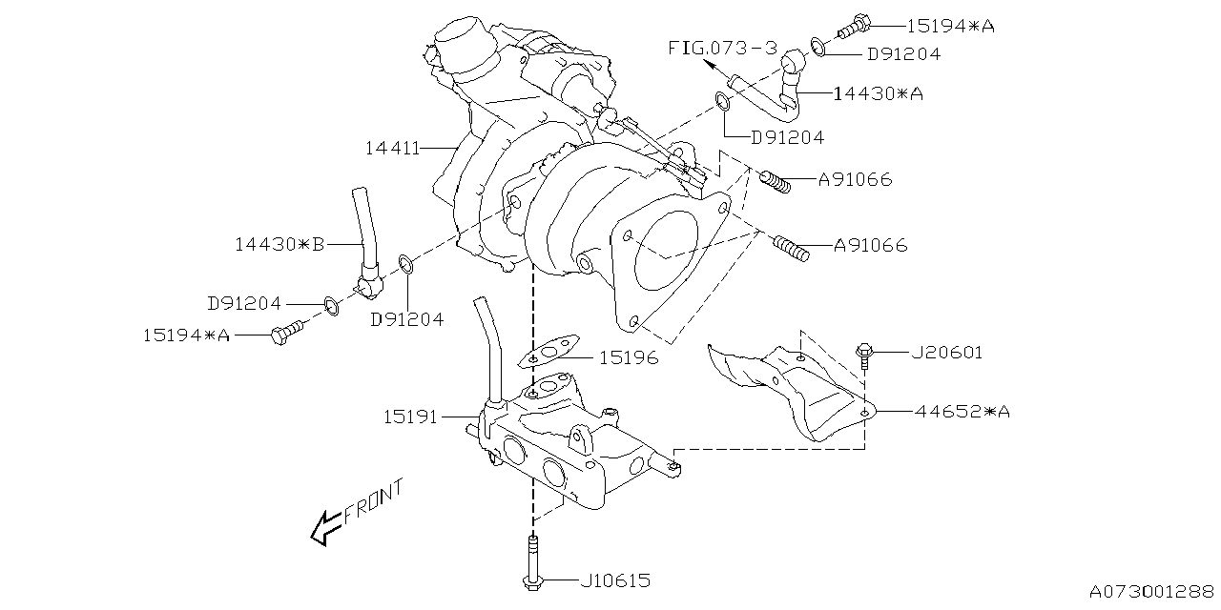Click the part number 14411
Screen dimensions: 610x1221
(x=392, y=149)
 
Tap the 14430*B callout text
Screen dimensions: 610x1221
(x=279, y=245)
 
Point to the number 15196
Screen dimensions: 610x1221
(x=629, y=358)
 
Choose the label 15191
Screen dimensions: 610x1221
(x=411, y=417)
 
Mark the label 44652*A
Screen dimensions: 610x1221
(x=962, y=412)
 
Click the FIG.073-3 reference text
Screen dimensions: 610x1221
(x=722, y=47)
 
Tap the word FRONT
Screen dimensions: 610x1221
(x=374, y=501)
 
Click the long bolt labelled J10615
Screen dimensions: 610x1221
(x=530, y=567)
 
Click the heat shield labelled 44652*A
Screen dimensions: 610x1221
(x=801, y=391)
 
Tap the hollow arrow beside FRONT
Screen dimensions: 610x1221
(x=325, y=526)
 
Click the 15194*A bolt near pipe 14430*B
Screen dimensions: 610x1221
(x=284, y=335)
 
